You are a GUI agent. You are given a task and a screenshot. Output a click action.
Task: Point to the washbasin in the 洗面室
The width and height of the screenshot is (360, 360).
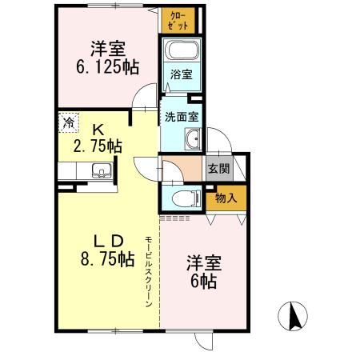coord(192,142)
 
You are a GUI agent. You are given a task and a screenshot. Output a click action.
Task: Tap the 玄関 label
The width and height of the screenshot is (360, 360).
coord(217,170)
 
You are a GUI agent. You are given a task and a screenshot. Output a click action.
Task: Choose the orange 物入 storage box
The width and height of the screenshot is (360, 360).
coord(226,197)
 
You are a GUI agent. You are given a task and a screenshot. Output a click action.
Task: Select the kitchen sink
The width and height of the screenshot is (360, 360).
coord(101,170)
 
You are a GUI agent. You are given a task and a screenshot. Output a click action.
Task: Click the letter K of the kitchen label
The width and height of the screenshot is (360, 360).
coord(97,127)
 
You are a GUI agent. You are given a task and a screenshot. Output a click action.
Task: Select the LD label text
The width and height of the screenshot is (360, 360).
coord(103,239)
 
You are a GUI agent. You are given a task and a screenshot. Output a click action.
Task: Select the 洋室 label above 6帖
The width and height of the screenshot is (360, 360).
coord(205,262)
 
